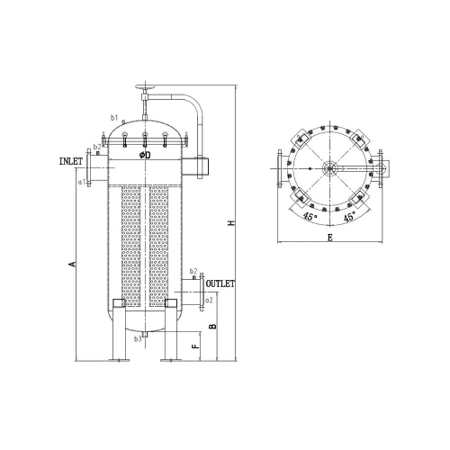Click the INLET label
[71, 161]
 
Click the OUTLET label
[220, 283]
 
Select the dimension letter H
[230, 223]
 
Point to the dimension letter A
[71, 264]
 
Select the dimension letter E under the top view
[330, 238]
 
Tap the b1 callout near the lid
[114, 118]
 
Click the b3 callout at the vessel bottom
[138, 339]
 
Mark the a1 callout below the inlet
[82, 182]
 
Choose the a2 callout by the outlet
[209, 299]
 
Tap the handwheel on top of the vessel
[144, 88]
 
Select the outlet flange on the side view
[200, 284]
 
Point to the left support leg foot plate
[115, 362]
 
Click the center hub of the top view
[329, 168]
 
